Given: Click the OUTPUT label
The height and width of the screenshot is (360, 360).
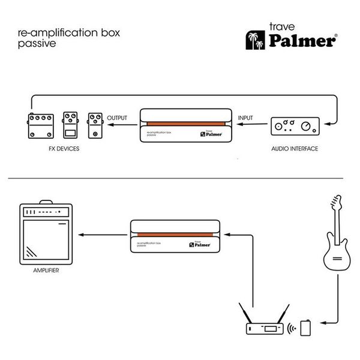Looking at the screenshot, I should click(x=118, y=117).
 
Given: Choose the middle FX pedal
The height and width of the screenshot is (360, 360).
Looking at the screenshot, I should click(x=70, y=125).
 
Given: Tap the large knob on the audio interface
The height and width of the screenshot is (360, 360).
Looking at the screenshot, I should click(x=307, y=126).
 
